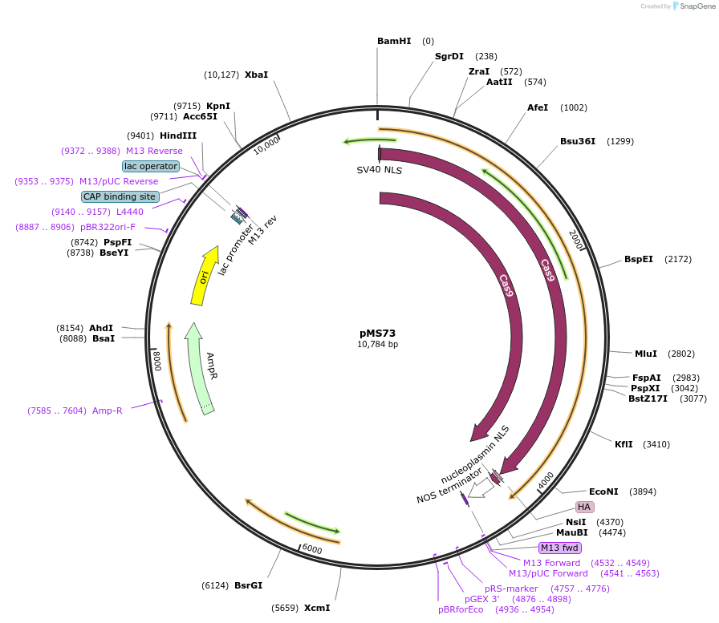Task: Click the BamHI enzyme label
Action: (394, 41)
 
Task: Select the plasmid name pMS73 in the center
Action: (377, 333)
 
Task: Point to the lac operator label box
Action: (151, 166)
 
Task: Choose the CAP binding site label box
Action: (120, 196)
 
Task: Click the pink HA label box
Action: (585, 507)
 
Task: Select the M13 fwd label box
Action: (559, 548)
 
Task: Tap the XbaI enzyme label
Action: (256, 75)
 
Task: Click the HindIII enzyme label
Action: (177, 136)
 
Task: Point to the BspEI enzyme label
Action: (639, 259)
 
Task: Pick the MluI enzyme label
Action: (646, 354)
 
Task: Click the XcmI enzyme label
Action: (316, 608)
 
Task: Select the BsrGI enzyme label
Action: (249, 585)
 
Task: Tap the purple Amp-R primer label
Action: (107, 411)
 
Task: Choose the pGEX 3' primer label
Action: (482, 599)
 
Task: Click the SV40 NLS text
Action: (380, 170)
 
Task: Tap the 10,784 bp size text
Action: (377, 345)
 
